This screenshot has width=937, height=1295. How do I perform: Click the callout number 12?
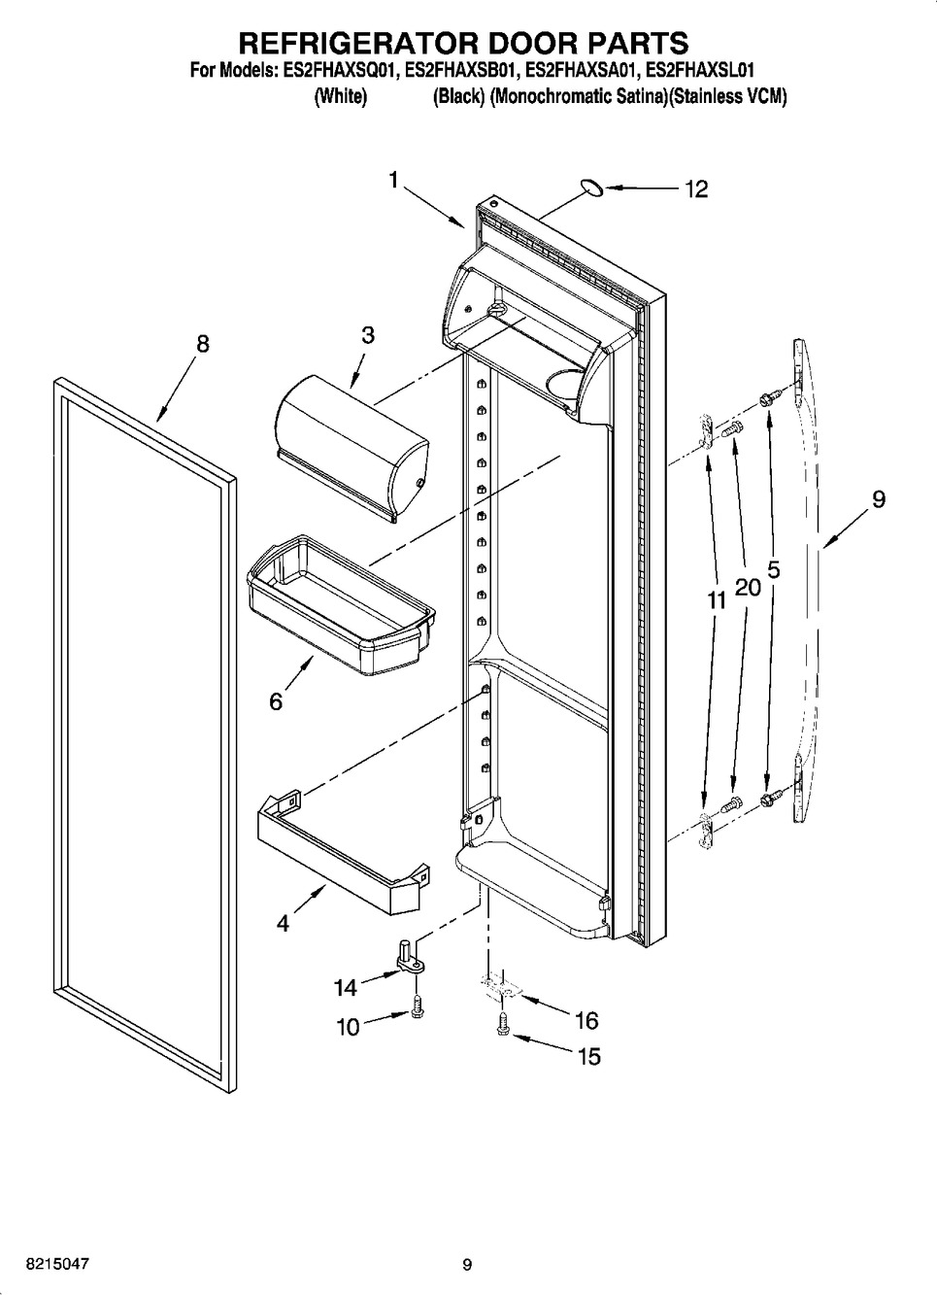coord(696,189)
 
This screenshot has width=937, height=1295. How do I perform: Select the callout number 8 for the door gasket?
coord(202,343)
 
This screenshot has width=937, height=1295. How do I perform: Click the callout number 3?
coord(368,335)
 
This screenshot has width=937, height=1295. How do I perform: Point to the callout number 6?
coord(276,701)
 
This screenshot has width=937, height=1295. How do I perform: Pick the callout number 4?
coord(283,924)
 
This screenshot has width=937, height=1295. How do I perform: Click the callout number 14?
coord(346,988)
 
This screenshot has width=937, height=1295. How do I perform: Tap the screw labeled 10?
coord(418,1011)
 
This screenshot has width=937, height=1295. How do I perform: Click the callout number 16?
coord(586,1020)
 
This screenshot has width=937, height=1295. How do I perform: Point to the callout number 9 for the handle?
coord(878,499)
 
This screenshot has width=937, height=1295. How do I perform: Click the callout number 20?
coord(748,587)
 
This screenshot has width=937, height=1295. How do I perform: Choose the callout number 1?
coord(393,180)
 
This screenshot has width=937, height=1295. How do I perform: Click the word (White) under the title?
coord(340,97)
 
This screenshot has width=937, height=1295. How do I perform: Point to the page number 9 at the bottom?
coord(467,1265)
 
